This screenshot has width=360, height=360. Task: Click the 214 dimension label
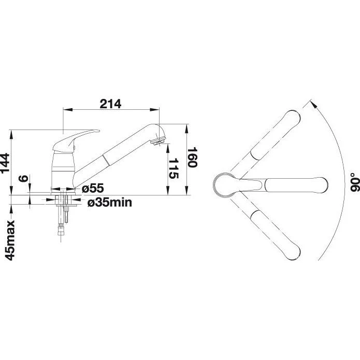tap(110, 104)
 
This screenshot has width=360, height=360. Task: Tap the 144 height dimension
tap(5, 163)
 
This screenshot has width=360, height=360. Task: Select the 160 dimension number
tap(192, 157)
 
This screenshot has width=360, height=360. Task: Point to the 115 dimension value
tap(174, 168)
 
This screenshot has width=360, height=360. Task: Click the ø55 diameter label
tap(93, 189)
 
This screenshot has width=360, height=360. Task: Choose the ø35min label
tap(110, 203)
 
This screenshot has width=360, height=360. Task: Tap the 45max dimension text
tap(10, 240)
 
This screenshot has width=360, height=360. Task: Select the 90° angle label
tap(354, 182)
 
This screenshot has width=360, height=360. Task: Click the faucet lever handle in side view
tap(75, 140)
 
